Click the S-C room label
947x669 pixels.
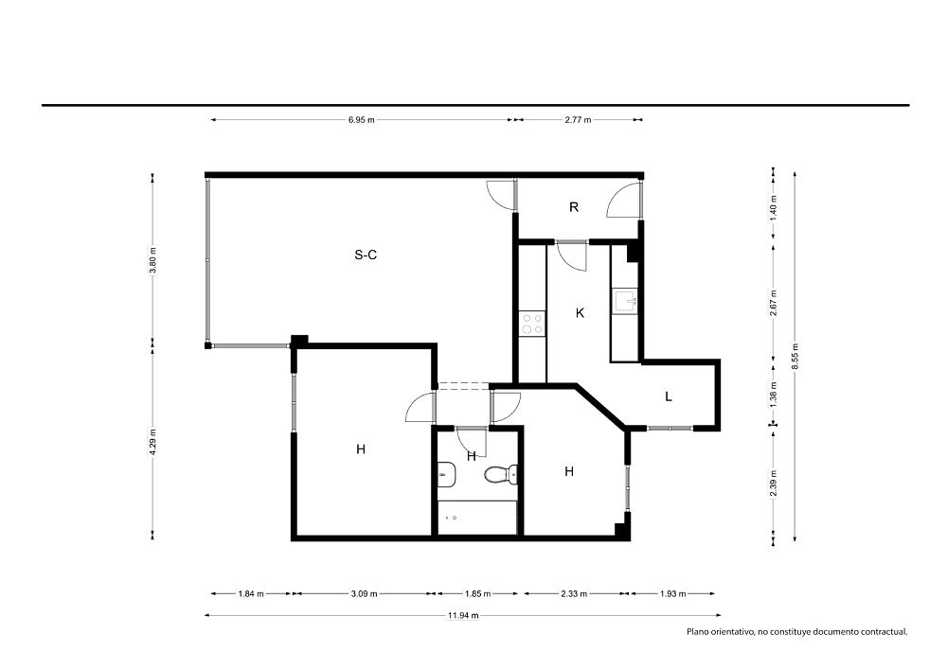[x=366, y=255]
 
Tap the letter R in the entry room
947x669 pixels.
[x=574, y=207]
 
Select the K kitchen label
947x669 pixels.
[x=580, y=313]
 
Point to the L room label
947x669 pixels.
[x=668, y=396]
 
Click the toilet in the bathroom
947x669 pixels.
[x=501, y=474]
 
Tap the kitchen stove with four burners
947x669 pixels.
[x=532, y=323]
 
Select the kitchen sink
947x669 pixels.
[x=625, y=300]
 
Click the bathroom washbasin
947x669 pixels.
[x=446, y=474]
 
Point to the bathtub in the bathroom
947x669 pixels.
[x=477, y=518]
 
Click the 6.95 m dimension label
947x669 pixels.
[x=361, y=119]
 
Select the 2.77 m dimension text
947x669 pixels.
[x=578, y=119]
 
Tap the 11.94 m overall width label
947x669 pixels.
[x=463, y=615]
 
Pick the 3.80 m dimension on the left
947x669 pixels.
[x=152, y=260]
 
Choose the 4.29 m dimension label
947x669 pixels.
[x=152, y=442]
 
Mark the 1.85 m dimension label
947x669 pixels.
[x=477, y=593]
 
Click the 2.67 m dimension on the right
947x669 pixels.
[x=774, y=303]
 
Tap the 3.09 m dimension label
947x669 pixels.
[x=365, y=593]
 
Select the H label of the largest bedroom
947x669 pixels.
[x=361, y=449]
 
